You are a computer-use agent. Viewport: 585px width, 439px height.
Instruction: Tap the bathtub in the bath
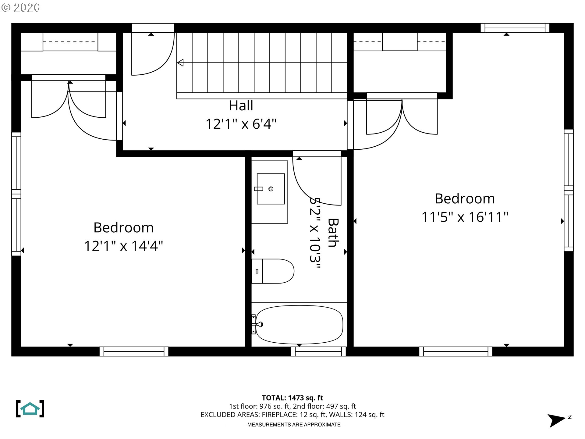(x=299, y=324)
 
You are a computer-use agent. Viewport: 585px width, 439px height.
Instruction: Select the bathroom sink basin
(x=271, y=189)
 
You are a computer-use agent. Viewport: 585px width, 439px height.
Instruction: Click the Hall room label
(x=241, y=106)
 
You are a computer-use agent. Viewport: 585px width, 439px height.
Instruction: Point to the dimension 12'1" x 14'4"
(x=123, y=246)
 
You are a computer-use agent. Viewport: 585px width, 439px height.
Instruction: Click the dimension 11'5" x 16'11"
(x=464, y=217)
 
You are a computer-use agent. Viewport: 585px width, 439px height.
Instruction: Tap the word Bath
(x=333, y=233)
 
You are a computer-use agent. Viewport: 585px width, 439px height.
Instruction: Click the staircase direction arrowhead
(x=180, y=63)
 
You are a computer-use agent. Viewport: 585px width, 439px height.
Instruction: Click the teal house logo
(x=30, y=409)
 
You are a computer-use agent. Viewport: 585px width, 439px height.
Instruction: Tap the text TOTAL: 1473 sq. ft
(x=292, y=398)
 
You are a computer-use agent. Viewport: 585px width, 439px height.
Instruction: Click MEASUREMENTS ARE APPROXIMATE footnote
(x=294, y=424)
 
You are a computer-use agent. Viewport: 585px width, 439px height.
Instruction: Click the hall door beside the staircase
(x=152, y=53)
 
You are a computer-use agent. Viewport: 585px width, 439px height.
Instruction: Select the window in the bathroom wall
(x=318, y=352)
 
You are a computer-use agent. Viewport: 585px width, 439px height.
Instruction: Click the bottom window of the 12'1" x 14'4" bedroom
(x=134, y=352)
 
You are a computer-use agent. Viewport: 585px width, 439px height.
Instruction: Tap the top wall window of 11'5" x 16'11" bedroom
(x=515, y=28)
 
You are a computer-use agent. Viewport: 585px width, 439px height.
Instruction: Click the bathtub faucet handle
(x=260, y=324)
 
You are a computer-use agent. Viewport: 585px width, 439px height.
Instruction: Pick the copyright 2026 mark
(x=21, y=8)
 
